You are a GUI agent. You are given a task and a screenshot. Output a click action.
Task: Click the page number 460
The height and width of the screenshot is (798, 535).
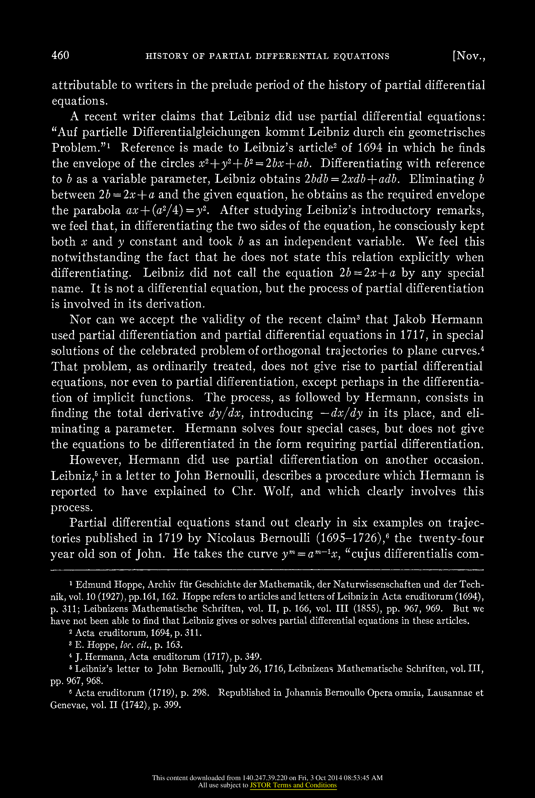click(x=60, y=55)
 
